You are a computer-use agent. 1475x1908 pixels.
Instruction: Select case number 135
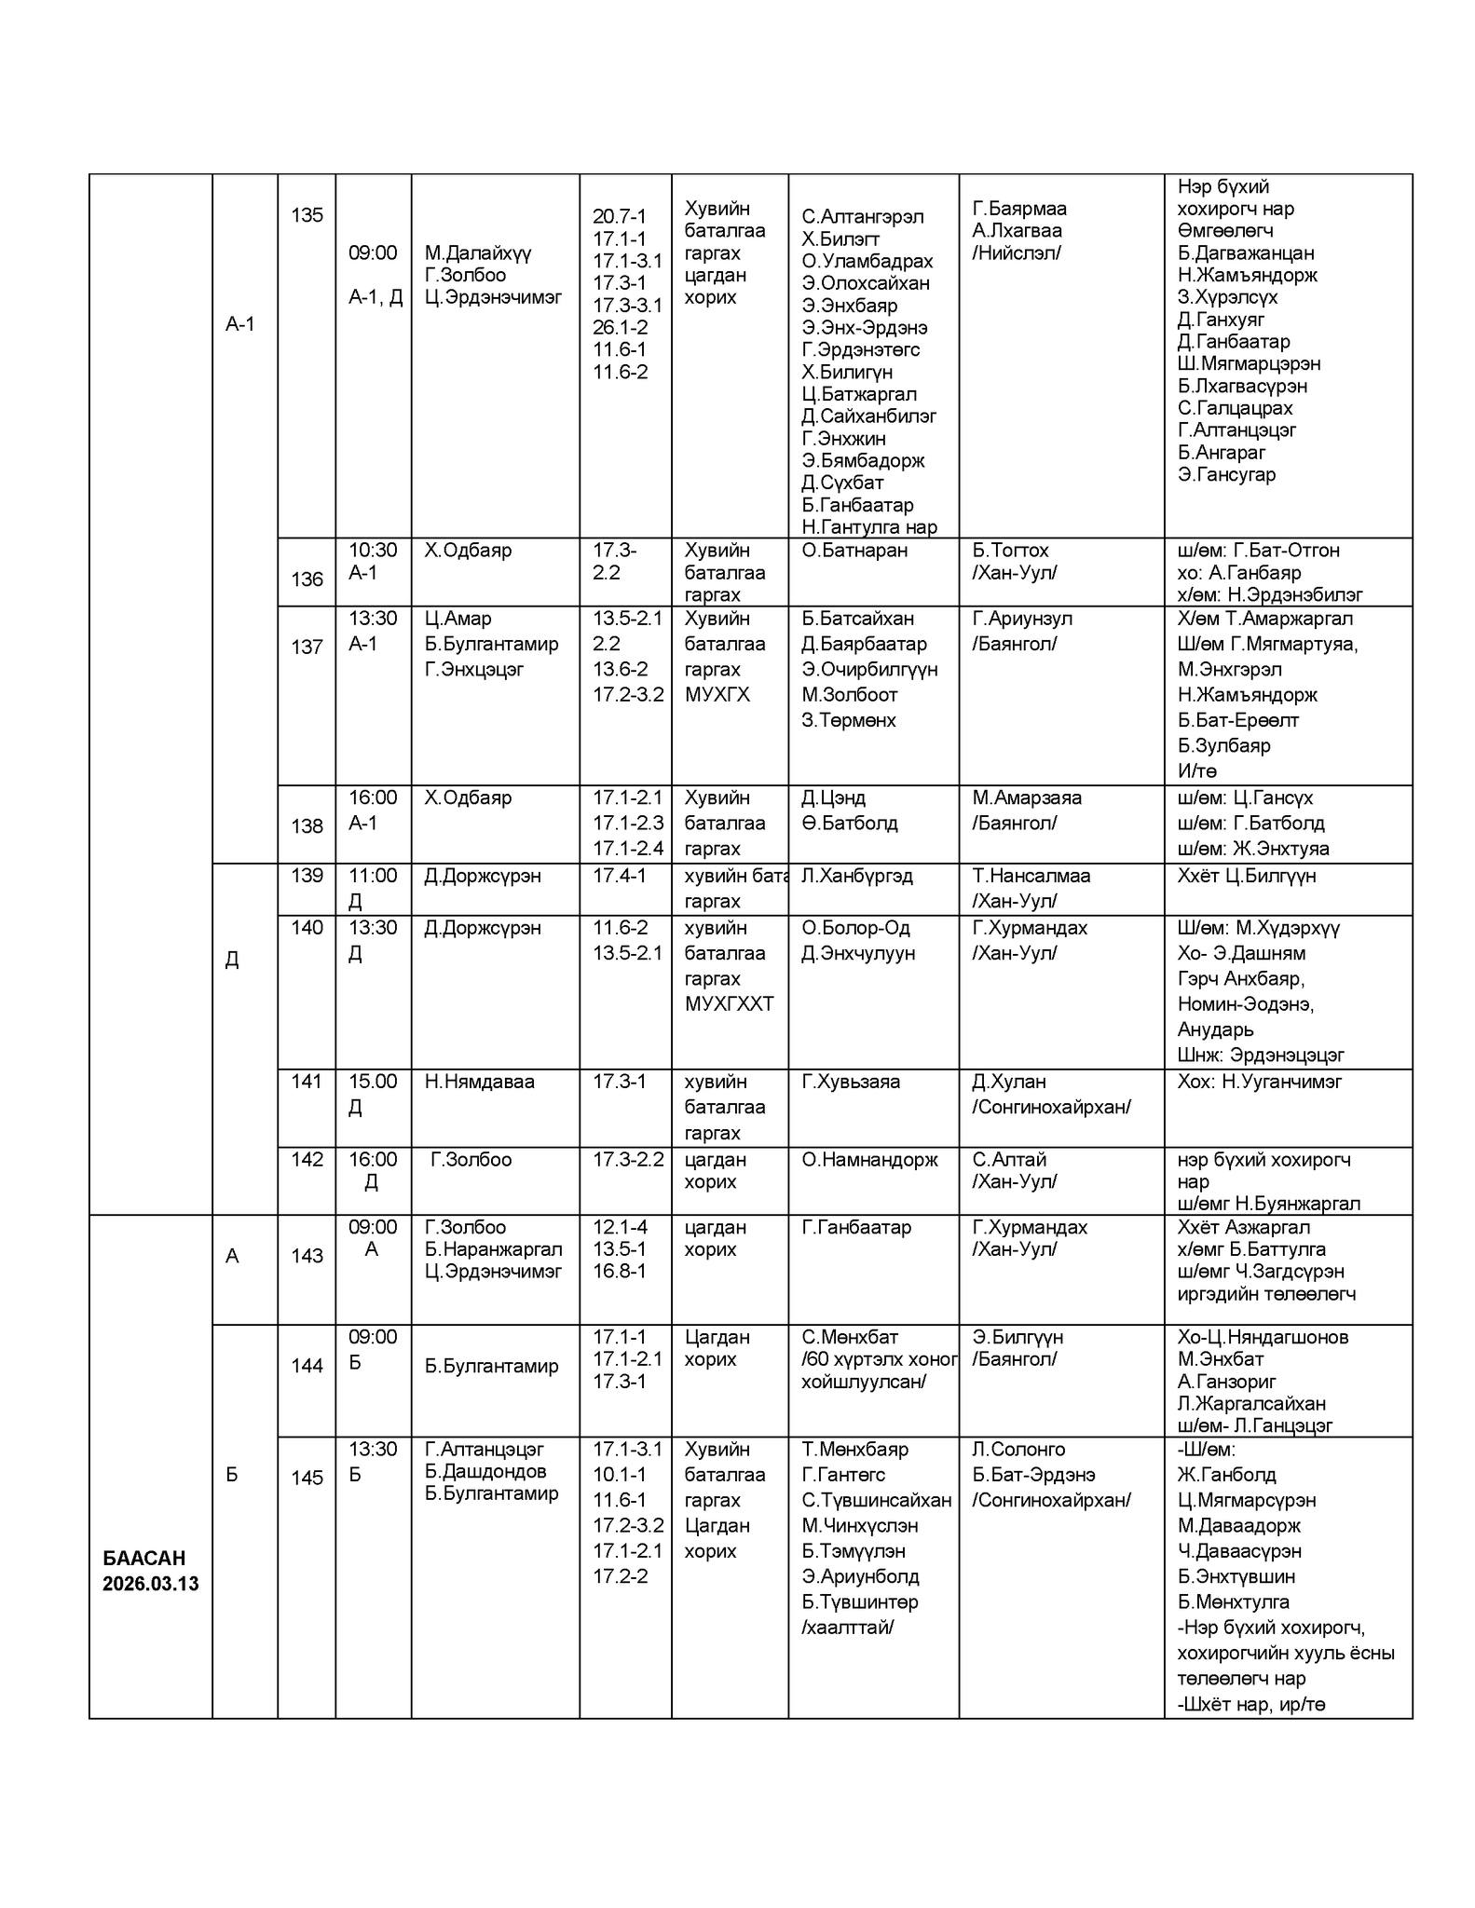point(307,215)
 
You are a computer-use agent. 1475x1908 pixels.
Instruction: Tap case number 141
point(307,1082)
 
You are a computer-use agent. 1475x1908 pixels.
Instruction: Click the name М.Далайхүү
point(477,252)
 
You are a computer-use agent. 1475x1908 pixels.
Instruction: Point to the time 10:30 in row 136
point(373,551)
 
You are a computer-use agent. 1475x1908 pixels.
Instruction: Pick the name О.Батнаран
point(854,551)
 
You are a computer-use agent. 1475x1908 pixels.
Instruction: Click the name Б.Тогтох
point(1010,551)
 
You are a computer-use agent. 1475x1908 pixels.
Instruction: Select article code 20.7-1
point(619,216)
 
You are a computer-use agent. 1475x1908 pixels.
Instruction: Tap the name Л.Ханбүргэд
point(857,876)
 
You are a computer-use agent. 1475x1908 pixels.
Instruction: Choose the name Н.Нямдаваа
point(479,1082)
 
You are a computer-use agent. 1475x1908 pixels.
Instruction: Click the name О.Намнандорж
point(869,1160)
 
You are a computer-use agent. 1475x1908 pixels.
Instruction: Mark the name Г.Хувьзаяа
point(851,1082)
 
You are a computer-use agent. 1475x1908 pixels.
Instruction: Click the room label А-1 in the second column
point(239,324)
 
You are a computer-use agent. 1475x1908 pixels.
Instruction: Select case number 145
point(307,1477)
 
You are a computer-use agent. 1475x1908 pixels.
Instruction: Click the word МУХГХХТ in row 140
point(729,1004)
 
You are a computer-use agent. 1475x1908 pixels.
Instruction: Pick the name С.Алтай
point(1009,1160)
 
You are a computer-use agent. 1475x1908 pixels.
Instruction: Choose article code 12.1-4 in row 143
point(620,1227)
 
